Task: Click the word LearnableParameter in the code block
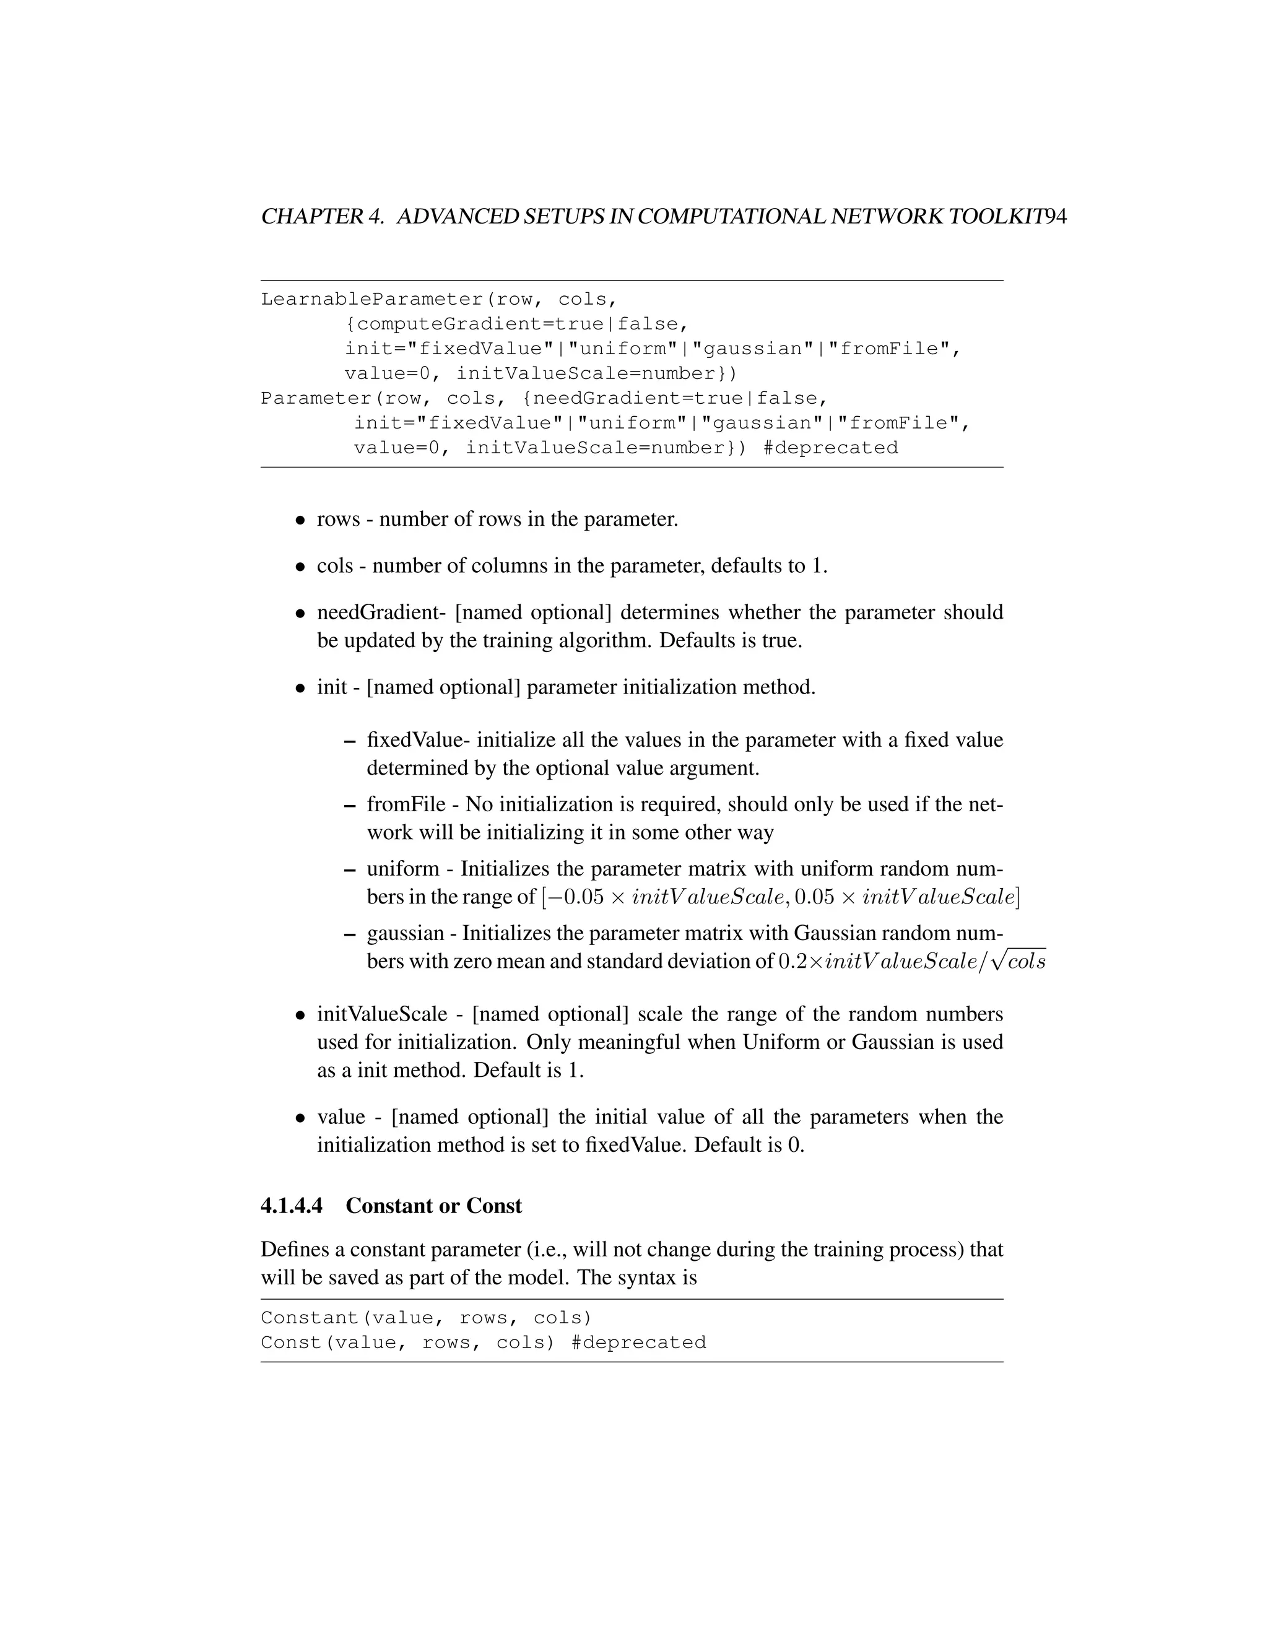pyautogui.click(x=373, y=299)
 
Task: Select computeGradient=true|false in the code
pyautogui.click(x=517, y=324)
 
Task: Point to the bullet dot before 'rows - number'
pyautogui.click(x=300, y=520)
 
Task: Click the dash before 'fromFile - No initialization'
pyautogui.click(x=349, y=806)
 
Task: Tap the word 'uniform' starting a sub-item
pyautogui.click(x=402, y=869)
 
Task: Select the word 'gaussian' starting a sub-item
pyautogui.click(x=406, y=933)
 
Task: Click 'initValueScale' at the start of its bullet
pyautogui.click(x=381, y=1014)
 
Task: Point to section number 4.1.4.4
pyautogui.click(x=292, y=1206)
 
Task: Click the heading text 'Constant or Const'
pyautogui.click(x=433, y=1206)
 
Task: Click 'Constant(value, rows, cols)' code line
pyautogui.click(x=426, y=1318)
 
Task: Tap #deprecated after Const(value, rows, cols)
pyautogui.click(x=638, y=1343)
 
